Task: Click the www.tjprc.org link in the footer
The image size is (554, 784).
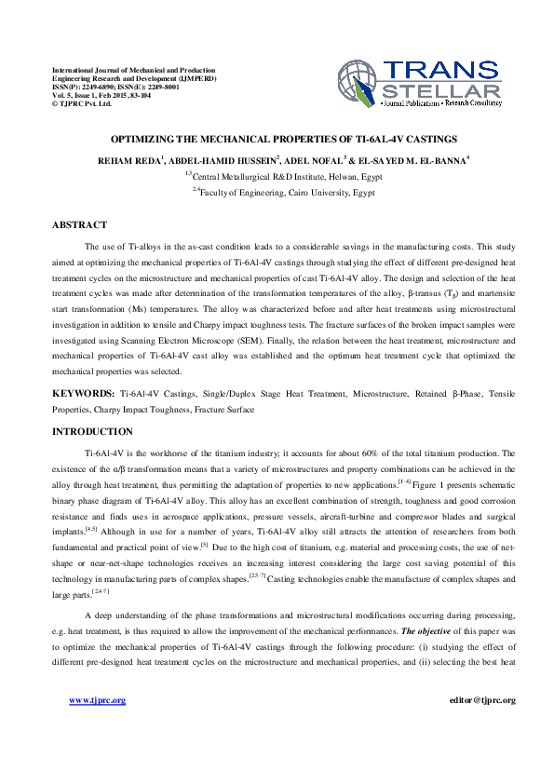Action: click(98, 700)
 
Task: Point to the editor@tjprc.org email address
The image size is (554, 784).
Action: click(481, 700)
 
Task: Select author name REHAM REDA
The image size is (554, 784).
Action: click(130, 160)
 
